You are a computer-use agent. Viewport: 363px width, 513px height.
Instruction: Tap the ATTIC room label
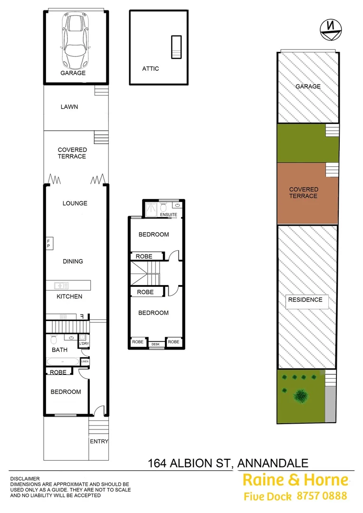[x=150, y=68]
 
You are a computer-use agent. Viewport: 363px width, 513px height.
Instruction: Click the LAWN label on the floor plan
[x=69, y=107]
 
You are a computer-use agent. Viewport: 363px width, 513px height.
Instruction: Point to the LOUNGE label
[x=75, y=203]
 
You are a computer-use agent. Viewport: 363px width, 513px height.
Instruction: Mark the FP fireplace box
[x=48, y=243]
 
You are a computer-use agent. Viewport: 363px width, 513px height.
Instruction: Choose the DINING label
[x=73, y=261]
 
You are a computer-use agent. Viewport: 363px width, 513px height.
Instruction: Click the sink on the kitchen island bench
[x=61, y=285]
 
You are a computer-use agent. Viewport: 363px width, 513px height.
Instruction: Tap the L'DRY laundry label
[x=84, y=343]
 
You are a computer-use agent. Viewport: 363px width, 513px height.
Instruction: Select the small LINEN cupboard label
[x=85, y=362]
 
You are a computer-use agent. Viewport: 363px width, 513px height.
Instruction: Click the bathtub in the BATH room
[x=63, y=362]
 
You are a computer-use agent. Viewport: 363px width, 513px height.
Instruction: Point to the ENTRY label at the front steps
[x=99, y=441]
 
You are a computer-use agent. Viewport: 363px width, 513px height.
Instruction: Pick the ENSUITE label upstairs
[x=169, y=215]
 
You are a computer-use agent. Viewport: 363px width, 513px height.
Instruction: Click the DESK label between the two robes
[x=155, y=344]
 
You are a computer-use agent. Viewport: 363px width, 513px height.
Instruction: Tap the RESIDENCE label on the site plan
[x=305, y=300]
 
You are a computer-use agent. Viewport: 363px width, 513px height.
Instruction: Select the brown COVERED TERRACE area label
[x=304, y=192]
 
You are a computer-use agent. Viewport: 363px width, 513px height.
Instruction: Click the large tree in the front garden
[x=300, y=395]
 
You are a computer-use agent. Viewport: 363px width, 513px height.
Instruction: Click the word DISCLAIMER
[x=25, y=479]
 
